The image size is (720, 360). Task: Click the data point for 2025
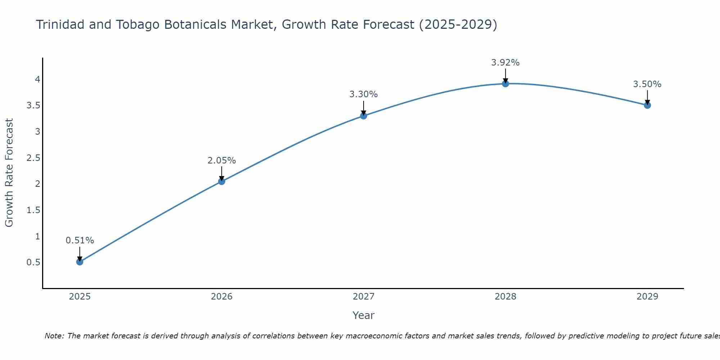coord(80,262)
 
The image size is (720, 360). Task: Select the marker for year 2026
coord(222,181)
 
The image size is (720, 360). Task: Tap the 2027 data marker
coord(364,116)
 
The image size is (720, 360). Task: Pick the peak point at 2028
coord(505,84)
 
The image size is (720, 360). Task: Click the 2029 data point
coord(647,105)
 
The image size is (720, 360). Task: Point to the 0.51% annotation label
coord(80,240)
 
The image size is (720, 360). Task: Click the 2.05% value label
coord(222,161)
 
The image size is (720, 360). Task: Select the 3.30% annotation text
coord(364,94)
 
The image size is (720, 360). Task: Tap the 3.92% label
coord(505,63)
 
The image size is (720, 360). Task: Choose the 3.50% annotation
coord(647,84)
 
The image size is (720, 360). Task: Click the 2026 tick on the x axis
coord(222,297)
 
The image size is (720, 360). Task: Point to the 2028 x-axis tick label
coord(505,297)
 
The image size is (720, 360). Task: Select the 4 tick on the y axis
coord(37,79)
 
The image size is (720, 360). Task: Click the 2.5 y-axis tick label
coord(33,158)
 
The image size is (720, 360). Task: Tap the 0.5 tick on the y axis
coord(33,262)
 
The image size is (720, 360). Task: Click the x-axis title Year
coord(364,315)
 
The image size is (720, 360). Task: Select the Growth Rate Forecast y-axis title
coord(9,173)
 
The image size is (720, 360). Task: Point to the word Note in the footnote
coord(54,336)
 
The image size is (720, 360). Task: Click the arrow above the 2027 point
coord(364,108)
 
